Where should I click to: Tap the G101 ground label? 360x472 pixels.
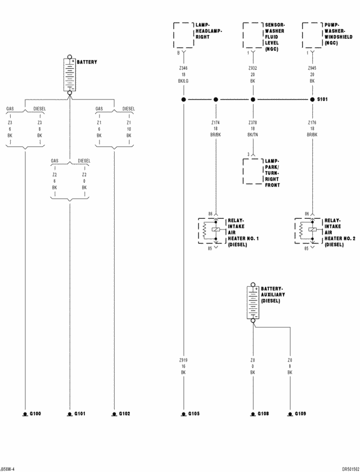coord(80,413)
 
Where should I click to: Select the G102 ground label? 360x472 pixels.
coord(124,413)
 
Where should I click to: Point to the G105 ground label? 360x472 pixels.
coord(194,413)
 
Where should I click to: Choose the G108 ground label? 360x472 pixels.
coord(263,413)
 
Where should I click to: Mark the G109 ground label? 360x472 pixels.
coord(300,413)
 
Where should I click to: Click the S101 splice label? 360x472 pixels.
coord(322,100)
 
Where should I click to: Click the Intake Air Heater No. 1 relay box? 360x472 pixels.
coord(211,231)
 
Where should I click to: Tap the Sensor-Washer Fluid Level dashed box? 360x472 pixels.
coord(253,36)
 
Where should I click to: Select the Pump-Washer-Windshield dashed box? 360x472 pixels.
coord(312,36)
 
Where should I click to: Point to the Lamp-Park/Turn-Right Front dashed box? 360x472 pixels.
coord(253,171)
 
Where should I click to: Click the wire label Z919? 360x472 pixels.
coord(183,360)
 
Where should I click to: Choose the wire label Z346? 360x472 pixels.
coord(183,67)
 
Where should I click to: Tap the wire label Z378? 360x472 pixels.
coord(253,122)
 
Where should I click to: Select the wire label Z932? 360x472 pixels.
coord(253,67)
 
